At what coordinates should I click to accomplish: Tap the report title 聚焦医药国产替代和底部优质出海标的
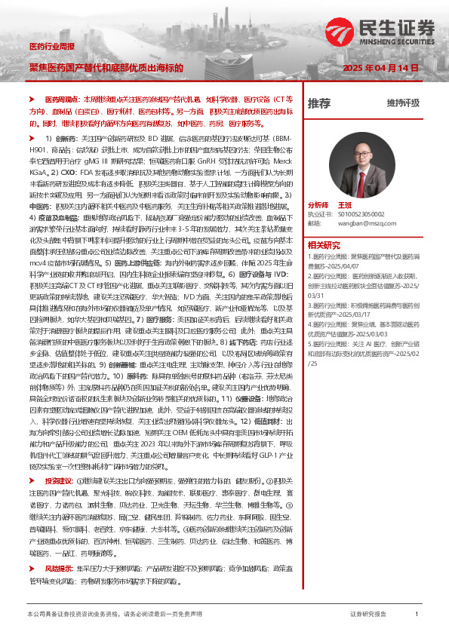[x=106, y=67]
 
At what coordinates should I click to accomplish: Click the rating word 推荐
[x=319, y=103]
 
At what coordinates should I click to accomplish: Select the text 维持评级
[x=402, y=103]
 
